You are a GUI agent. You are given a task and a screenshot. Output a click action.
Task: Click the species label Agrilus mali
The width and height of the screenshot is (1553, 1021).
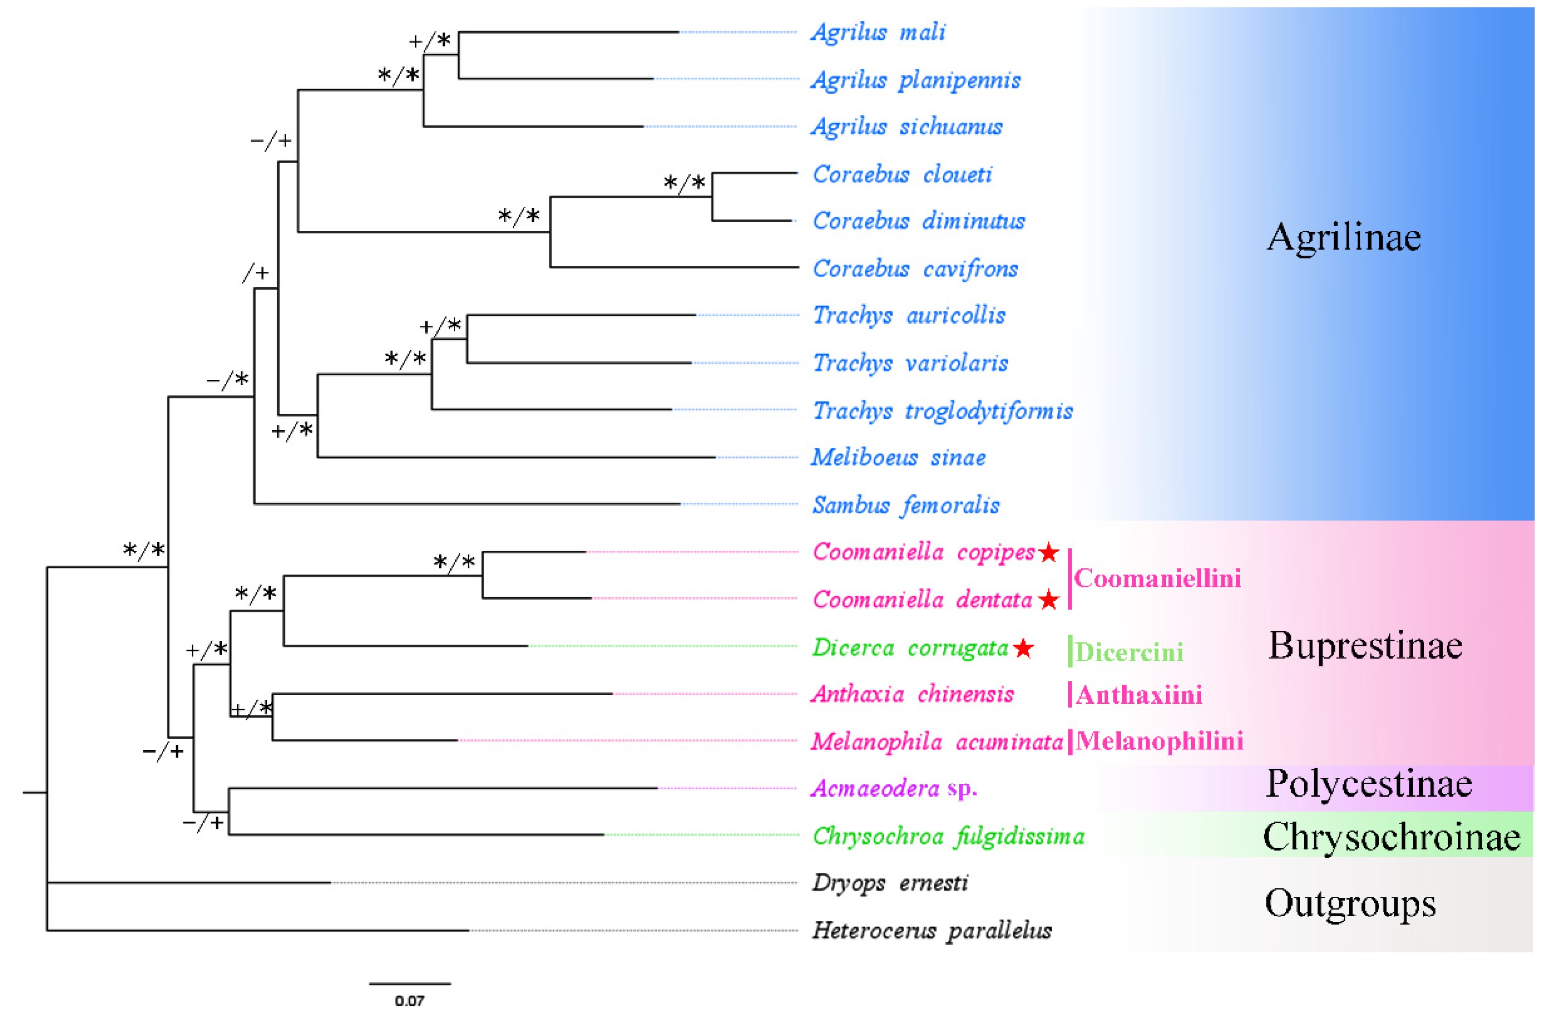(x=877, y=32)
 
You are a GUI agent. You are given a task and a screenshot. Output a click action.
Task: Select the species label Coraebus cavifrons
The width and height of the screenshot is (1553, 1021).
(x=915, y=269)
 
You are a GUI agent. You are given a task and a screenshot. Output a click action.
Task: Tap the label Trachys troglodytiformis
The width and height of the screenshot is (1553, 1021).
(x=942, y=411)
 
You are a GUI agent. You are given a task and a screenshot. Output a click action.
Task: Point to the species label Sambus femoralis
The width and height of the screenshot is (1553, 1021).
(x=905, y=505)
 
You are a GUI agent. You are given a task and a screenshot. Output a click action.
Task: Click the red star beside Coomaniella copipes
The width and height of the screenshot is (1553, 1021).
(x=1049, y=553)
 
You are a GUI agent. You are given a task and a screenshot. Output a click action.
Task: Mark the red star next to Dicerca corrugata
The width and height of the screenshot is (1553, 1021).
(x=1023, y=649)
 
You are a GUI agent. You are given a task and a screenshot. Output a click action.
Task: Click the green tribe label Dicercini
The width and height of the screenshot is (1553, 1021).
(x=1129, y=652)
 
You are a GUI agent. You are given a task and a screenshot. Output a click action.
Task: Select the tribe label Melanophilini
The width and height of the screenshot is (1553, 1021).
(x=1159, y=741)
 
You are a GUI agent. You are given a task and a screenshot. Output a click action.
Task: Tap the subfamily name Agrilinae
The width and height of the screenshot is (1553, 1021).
(x=1344, y=237)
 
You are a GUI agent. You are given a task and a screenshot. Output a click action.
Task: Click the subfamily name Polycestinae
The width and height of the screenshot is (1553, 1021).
(x=1368, y=783)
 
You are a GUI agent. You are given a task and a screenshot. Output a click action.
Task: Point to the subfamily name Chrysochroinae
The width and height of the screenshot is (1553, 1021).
(x=1391, y=836)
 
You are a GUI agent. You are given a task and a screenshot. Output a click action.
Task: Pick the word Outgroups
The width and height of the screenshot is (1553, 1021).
(x=1349, y=904)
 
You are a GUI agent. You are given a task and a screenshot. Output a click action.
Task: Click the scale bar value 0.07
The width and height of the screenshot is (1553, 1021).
(x=409, y=1001)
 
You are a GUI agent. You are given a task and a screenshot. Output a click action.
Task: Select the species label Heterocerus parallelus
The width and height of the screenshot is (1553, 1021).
(x=931, y=931)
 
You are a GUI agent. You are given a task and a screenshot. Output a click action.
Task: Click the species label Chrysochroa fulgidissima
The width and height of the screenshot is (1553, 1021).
(x=948, y=836)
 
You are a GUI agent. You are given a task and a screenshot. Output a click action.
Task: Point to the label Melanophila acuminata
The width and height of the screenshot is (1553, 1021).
(x=936, y=742)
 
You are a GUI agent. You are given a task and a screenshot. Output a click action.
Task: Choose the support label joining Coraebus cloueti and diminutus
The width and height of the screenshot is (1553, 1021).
(x=684, y=183)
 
